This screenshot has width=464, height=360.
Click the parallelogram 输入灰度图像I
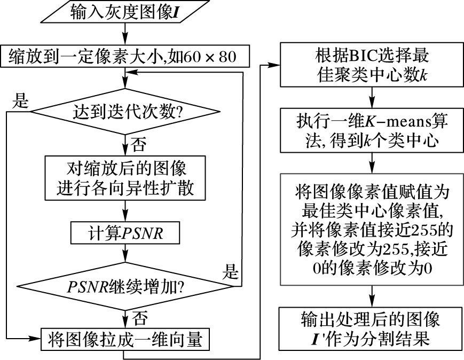124,13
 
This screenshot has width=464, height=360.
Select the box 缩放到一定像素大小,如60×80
124,56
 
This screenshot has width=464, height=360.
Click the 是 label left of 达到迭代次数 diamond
20,100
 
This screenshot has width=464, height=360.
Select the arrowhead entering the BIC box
277,66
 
